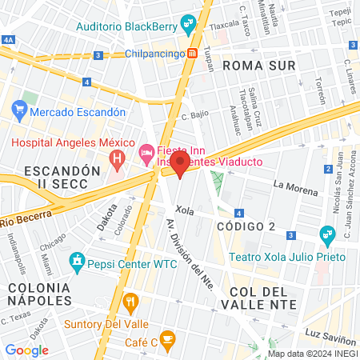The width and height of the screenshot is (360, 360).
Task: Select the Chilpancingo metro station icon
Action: [x=193, y=54]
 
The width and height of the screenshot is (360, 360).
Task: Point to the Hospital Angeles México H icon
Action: [x=118, y=159]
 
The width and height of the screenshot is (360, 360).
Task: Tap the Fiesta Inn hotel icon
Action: [x=146, y=151]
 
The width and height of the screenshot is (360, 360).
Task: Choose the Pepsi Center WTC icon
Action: [x=77, y=260]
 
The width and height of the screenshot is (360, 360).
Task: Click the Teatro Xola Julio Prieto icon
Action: [x=326, y=235]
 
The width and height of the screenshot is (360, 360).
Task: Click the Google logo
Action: [x=26, y=350]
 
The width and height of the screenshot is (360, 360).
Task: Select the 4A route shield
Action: [x=8, y=38]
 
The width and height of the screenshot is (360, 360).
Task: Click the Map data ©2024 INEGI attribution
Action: [x=312, y=354]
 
